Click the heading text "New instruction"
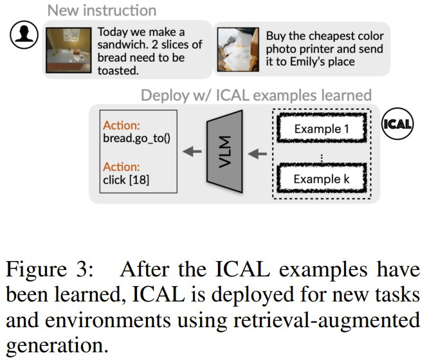(102, 10)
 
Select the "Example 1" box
(322, 129)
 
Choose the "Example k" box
(322, 178)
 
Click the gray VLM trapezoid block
(224, 154)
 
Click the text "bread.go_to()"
(135, 138)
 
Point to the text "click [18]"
(126, 180)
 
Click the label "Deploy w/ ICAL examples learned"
(256, 96)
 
